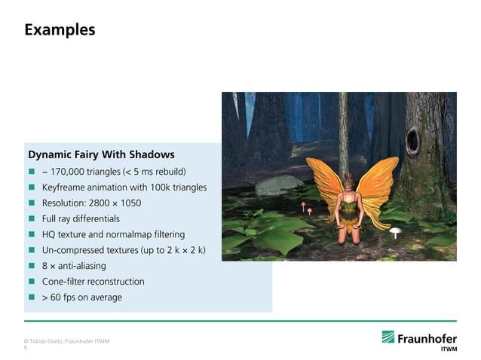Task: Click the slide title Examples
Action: pyautogui.click(x=60, y=30)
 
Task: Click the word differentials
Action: pyautogui.click(x=94, y=218)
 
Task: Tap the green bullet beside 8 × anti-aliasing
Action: pyautogui.click(x=32, y=266)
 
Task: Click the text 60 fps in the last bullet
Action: pyautogui.click(x=64, y=297)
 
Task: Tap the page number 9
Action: pyautogui.click(x=26, y=349)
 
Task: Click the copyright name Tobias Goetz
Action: pyautogui.click(x=47, y=342)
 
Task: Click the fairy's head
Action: pyautogui.click(x=349, y=182)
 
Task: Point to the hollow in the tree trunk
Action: pyautogui.click(x=414, y=139)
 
